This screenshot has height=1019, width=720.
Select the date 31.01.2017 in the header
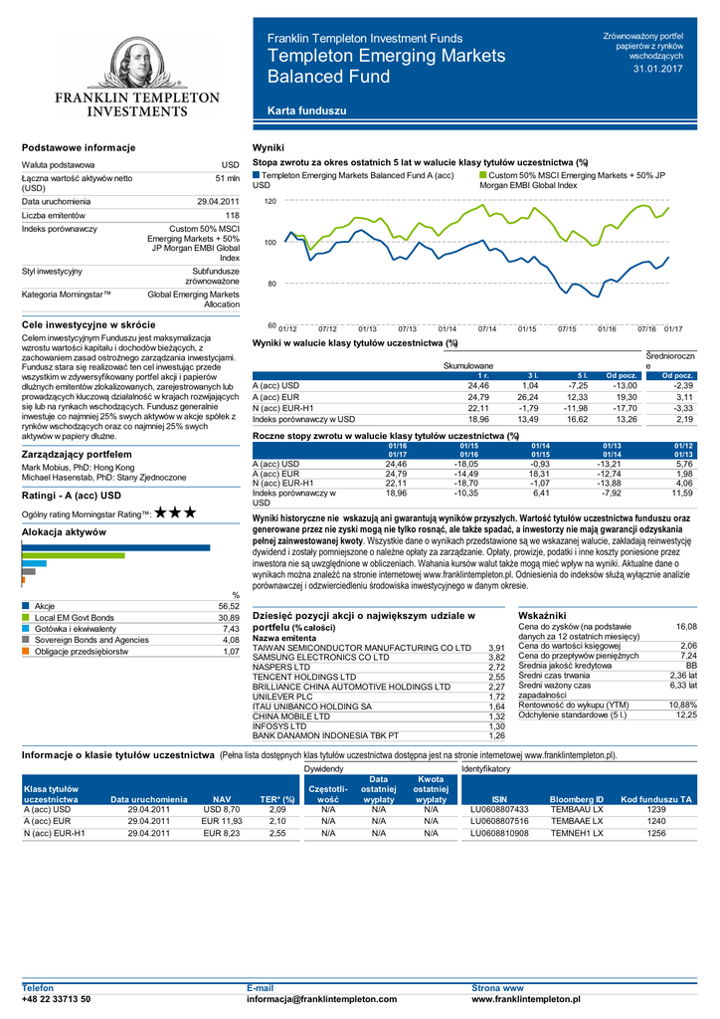point(658,68)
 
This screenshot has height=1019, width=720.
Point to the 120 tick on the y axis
point(270,201)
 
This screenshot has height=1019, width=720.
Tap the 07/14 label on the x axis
point(487,328)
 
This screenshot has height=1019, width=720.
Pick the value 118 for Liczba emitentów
point(232,215)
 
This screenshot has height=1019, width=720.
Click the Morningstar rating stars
point(175,512)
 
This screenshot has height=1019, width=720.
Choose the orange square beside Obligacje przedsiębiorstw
point(26,651)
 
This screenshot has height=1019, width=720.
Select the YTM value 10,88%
point(682,705)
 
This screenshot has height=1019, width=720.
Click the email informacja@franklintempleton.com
point(321,999)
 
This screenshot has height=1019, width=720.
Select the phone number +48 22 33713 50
point(56,999)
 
